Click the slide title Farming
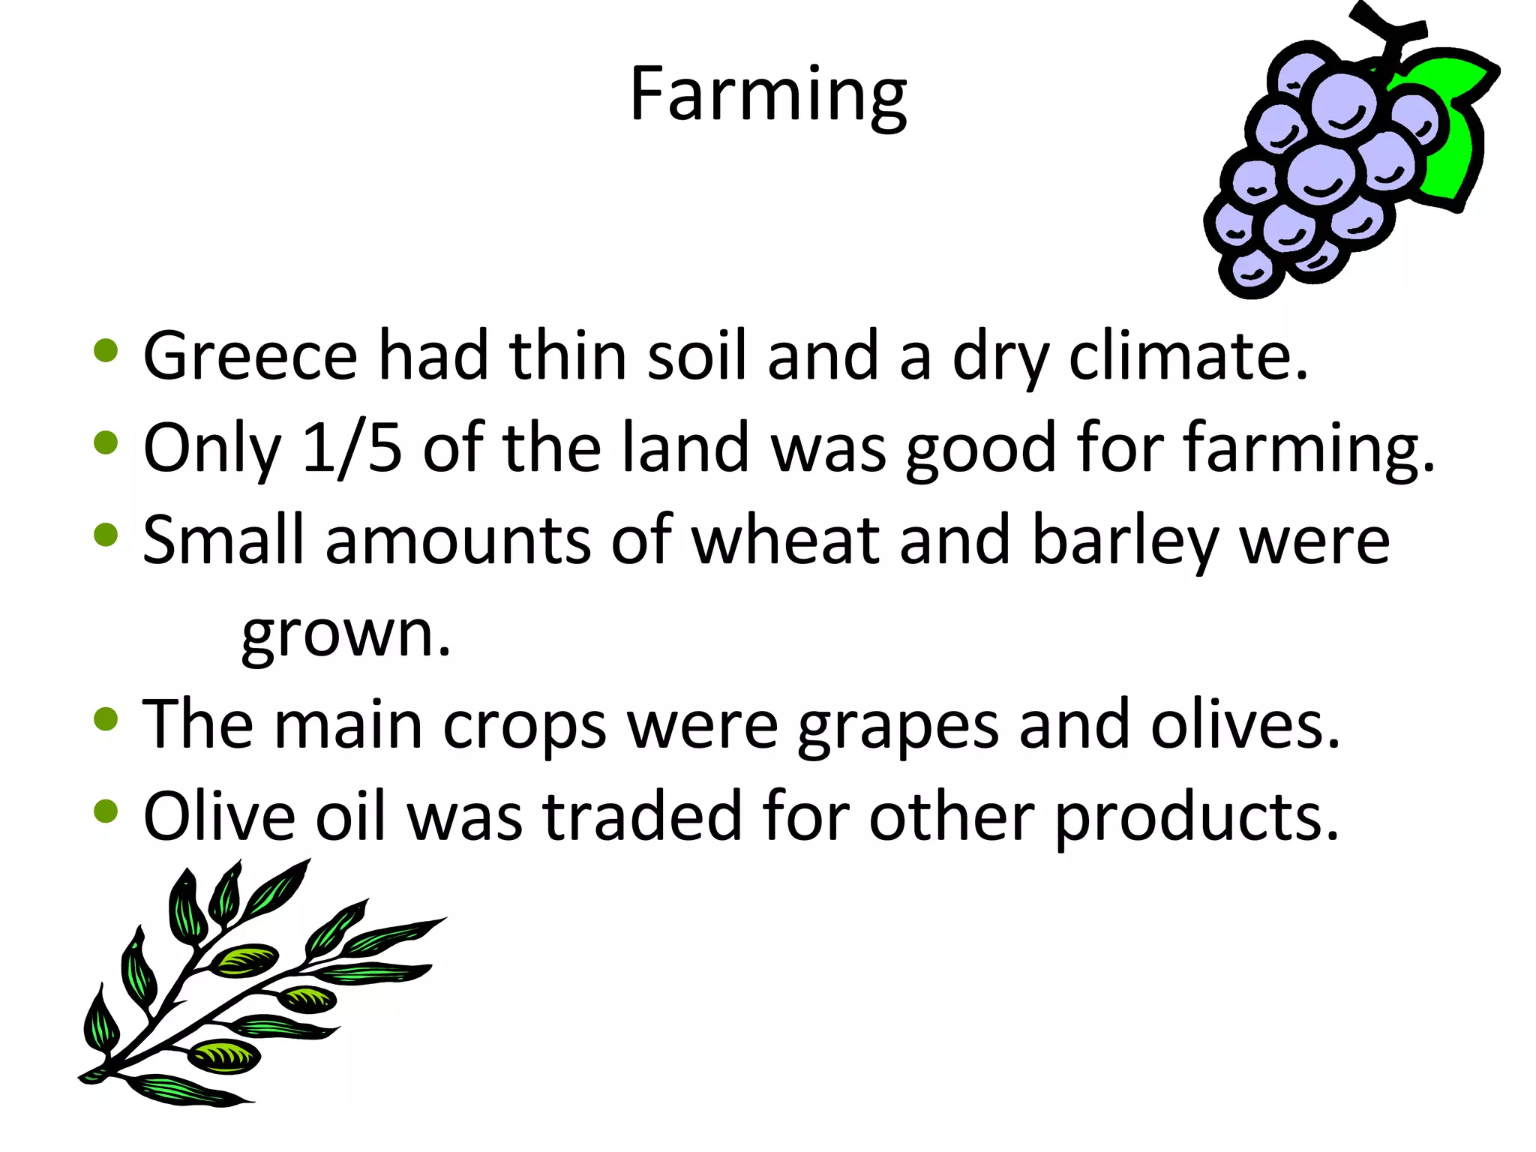pyautogui.click(x=768, y=95)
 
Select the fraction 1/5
pyautogui.click(x=352, y=448)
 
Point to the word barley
pyautogui.click(x=1125, y=541)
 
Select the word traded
pyautogui.click(x=642, y=817)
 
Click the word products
pyautogui.click(x=1196, y=818)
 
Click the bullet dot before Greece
pyautogui.click(x=106, y=351)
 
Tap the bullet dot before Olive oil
pyautogui.click(x=106, y=811)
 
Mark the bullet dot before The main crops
pyautogui.click(x=106, y=718)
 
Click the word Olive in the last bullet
pyautogui.click(x=219, y=817)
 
